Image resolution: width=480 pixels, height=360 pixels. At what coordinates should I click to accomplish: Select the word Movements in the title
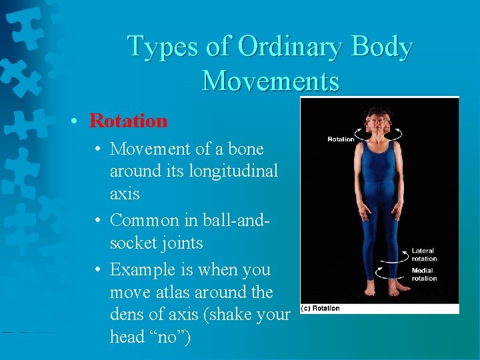[271, 81]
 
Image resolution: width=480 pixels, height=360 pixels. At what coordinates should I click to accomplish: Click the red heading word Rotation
[128, 121]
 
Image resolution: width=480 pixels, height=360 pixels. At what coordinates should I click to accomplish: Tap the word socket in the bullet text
[135, 243]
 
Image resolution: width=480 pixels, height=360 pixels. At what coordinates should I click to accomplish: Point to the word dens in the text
[130, 315]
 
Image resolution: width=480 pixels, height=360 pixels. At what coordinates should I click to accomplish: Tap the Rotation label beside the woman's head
[341, 139]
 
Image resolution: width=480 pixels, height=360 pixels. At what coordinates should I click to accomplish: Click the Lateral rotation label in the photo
[424, 255]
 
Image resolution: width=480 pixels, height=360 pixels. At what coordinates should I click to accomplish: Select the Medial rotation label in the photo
[424, 275]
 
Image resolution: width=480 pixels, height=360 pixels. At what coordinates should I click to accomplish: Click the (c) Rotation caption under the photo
[321, 308]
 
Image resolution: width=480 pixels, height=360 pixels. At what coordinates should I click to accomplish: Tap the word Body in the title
[382, 47]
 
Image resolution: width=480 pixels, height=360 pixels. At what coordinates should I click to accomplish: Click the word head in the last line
[129, 337]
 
